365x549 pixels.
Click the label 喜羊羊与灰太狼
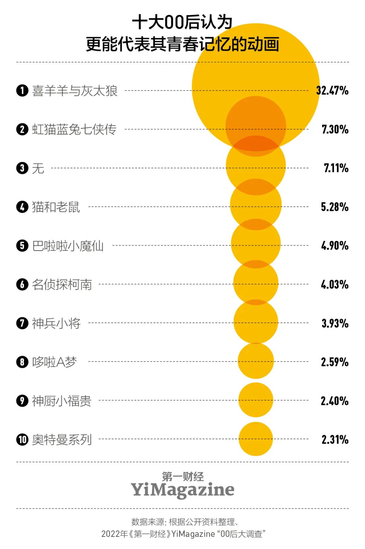click(x=75, y=91)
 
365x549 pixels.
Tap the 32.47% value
click(x=332, y=91)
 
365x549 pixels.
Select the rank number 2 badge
click(x=22, y=129)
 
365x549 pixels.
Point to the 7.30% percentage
click(x=335, y=129)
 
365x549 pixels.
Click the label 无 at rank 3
click(x=38, y=168)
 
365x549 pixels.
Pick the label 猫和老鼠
click(x=56, y=207)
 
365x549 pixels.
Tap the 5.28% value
click(x=335, y=207)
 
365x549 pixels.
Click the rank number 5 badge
click(x=22, y=246)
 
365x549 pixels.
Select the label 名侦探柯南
click(x=62, y=284)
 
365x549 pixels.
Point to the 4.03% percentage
click(x=335, y=284)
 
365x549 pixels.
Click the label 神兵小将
click(x=56, y=323)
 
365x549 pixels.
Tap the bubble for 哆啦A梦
click(x=256, y=361)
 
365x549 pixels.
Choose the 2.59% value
click(x=335, y=362)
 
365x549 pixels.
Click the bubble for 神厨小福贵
click(x=256, y=400)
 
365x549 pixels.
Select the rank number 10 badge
click(x=22, y=440)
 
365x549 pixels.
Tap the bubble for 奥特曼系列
click(x=256, y=439)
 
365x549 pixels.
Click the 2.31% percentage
click(x=335, y=440)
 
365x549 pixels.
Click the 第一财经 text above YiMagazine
click(x=183, y=476)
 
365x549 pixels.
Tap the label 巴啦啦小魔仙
click(x=68, y=246)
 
